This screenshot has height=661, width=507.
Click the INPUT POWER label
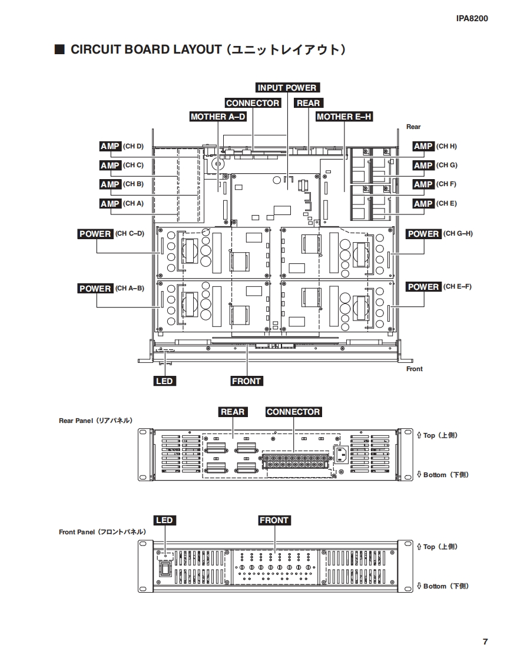pyautogui.click(x=287, y=88)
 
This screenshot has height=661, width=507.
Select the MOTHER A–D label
pyautogui.click(x=218, y=117)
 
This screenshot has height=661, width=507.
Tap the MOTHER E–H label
pyautogui.click(x=344, y=117)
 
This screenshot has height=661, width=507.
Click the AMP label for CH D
pyautogui.click(x=110, y=146)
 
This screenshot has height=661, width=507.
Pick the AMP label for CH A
pyautogui.click(x=110, y=203)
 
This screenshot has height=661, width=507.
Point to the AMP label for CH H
pyautogui.click(x=423, y=146)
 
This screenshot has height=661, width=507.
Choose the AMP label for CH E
pyautogui.click(x=423, y=203)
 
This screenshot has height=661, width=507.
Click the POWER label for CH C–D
pyautogui.click(x=95, y=234)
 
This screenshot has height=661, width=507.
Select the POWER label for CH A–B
pyautogui.click(x=95, y=288)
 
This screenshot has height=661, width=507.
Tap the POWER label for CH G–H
pyautogui.click(x=423, y=234)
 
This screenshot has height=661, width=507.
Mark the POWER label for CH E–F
pyautogui.click(x=423, y=287)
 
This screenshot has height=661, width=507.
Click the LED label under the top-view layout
pyautogui.click(x=164, y=381)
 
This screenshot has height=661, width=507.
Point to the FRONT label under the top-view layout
pyautogui.click(x=246, y=381)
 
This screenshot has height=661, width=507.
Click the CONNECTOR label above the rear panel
pyautogui.click(x=293, y=412)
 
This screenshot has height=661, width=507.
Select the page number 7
pyautogui.click(x=485, y=642)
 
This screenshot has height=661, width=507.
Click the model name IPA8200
pyautogui.click(x=472, y=18)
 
